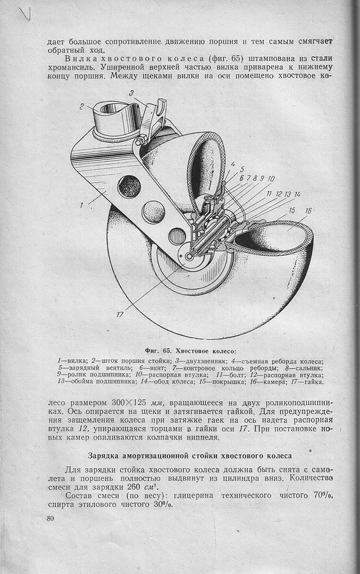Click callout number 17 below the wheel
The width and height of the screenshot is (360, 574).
click(120, 314)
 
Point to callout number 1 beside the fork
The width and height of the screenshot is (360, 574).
click(81, 205)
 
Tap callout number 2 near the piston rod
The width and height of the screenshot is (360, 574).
click(83, 107)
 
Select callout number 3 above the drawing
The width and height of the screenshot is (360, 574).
click(130, 93)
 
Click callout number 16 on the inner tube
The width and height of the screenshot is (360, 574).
click(308, 211)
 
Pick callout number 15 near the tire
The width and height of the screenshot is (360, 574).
click(292, 211)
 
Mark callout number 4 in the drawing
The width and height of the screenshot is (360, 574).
click(233, 165)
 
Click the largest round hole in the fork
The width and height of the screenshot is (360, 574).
click(129, 185)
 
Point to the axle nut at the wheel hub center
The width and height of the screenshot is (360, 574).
click(189, 256)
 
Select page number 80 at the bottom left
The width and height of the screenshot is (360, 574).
click(50, 519)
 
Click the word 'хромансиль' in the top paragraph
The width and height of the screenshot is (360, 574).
click(69, 68)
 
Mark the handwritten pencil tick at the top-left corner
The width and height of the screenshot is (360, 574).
click(25, 14)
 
